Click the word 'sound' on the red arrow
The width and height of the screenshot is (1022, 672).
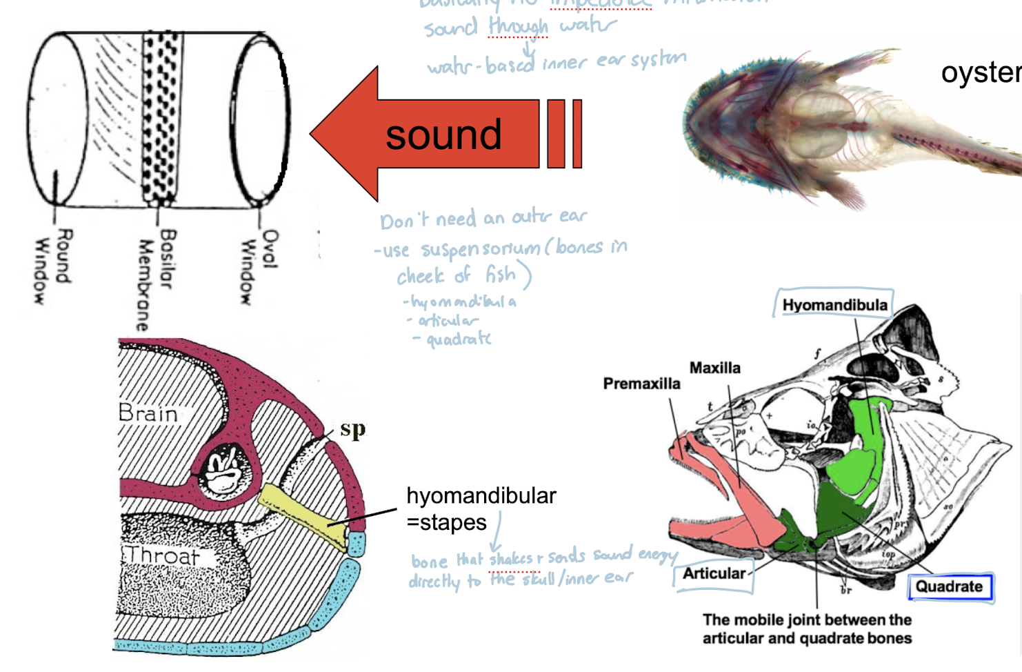[443, 135]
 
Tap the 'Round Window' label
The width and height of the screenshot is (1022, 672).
[52, 266]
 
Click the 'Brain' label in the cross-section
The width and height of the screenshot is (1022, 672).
[148, 413]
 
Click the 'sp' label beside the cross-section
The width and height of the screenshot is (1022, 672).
[352, 429]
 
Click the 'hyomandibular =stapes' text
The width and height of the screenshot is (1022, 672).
[481, 508]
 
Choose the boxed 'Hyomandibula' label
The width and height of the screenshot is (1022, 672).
[834, 305]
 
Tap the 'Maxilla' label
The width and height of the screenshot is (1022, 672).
[715, 368]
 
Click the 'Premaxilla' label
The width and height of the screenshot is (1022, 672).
[641, 384]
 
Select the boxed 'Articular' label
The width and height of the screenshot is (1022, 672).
[714, 573]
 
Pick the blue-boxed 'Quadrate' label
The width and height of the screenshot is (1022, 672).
[949, 586]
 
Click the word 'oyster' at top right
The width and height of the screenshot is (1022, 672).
[981, 72]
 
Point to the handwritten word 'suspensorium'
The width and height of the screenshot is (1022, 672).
[481, 248]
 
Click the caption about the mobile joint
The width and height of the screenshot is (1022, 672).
[807, 629]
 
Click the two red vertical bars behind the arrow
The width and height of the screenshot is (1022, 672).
[565, 134]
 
